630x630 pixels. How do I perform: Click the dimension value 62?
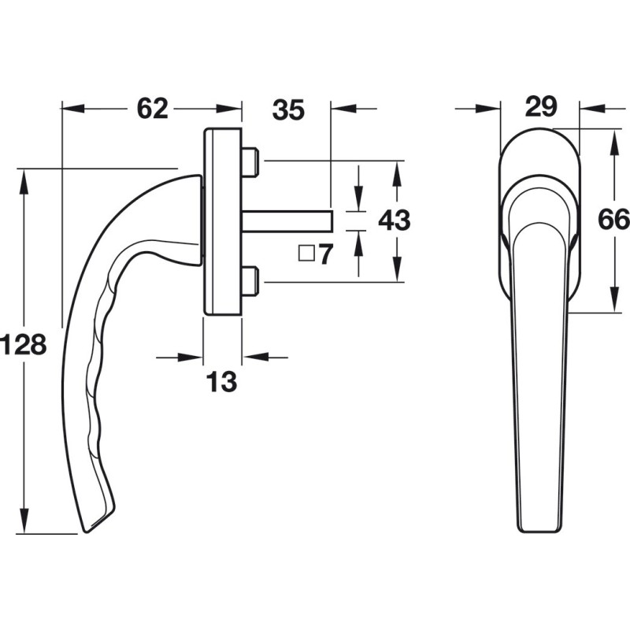[152, 109]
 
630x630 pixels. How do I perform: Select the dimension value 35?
[288, 109]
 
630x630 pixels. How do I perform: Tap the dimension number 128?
[23, 344]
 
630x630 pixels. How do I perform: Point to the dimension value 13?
[221, 382]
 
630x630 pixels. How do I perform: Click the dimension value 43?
[395, 220]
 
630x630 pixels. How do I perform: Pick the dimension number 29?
[541, 106]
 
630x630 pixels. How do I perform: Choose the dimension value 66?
[613, 220]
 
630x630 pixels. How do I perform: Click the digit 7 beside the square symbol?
[326, 254]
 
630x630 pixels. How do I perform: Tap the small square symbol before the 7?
[306, 254]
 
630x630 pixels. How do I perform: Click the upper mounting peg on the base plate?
[250, 161]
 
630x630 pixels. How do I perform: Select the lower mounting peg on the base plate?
[250, 281]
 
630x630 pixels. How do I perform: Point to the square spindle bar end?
[332, 220]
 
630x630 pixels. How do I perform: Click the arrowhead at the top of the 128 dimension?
[24, 182]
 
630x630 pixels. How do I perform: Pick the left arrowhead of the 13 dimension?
[191, 358]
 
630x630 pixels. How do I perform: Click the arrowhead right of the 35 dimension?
[343, 109]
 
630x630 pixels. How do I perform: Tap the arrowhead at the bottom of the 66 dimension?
[614, 299]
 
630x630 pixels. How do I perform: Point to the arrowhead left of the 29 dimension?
[488, 109]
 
